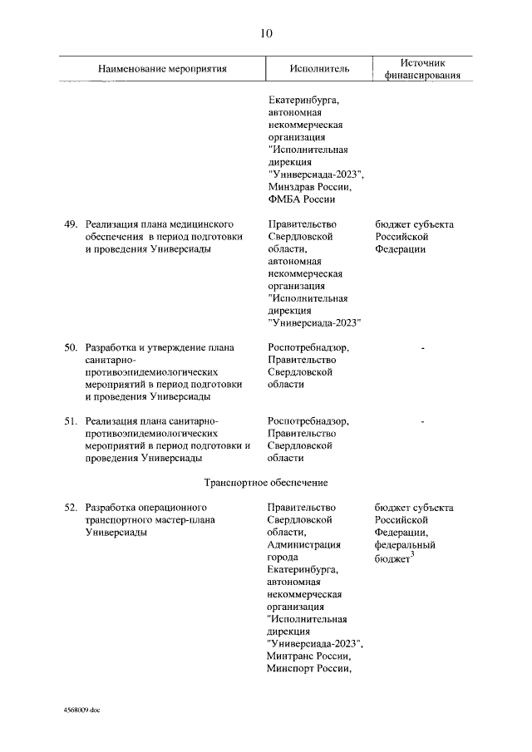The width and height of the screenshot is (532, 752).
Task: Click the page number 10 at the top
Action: coord(265,33)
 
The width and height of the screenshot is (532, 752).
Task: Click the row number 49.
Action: coord(71,225)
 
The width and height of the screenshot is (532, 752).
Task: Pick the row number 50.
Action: coord(71,347)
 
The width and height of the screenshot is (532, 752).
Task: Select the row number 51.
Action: coord(71,421)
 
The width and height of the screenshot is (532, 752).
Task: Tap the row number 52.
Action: coord(71,507)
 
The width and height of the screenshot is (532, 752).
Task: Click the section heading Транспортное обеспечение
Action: coord(266,482)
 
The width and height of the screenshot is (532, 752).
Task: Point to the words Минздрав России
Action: coord(305,187)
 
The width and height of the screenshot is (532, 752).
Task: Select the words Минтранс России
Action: coord(308,656)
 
